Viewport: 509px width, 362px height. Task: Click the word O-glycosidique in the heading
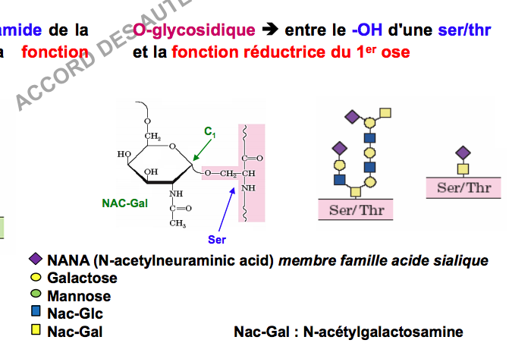point(193,30)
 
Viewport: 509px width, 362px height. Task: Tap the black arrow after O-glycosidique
point(269,30)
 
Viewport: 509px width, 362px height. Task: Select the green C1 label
point(210,131)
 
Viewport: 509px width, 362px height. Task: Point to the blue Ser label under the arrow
point(217,239)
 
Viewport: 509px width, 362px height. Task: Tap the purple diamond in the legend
point(34,260)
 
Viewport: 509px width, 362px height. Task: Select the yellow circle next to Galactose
point(34,279)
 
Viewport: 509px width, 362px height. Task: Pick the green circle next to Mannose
point(34,296)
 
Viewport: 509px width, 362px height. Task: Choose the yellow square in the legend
point(34,331)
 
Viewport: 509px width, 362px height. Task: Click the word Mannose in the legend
point(79,296)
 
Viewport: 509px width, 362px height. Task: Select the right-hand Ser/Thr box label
point(464,187)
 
